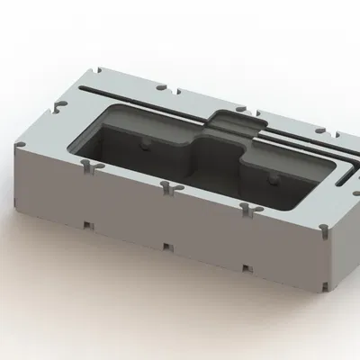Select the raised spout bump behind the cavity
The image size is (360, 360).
click(x=237, y=122)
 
